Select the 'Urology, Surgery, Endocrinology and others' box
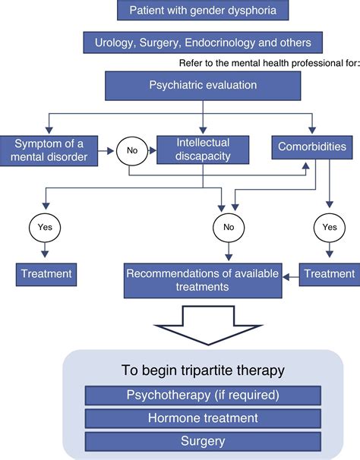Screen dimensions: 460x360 [x=202, y=43]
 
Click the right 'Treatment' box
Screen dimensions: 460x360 [x=329, y=274]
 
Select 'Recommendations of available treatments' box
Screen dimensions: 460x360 [x=203, y=281]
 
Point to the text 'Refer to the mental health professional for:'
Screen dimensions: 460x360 [x=267, y=63]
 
